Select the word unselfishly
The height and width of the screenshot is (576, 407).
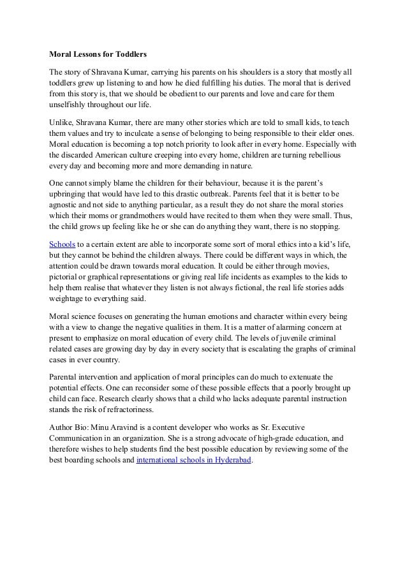tap(69, 106)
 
